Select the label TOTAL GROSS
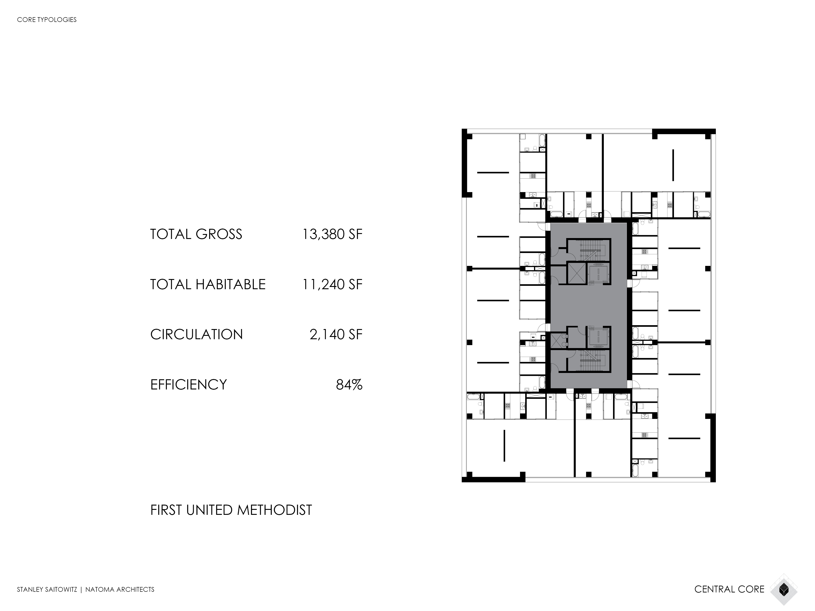196,234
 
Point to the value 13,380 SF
332,234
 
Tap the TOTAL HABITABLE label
208,284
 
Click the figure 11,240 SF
332,284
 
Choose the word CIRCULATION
196,334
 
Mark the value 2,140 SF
336,334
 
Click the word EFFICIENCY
188,384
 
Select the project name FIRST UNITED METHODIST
231,510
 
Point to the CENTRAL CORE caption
729,589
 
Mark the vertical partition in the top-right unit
673,165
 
